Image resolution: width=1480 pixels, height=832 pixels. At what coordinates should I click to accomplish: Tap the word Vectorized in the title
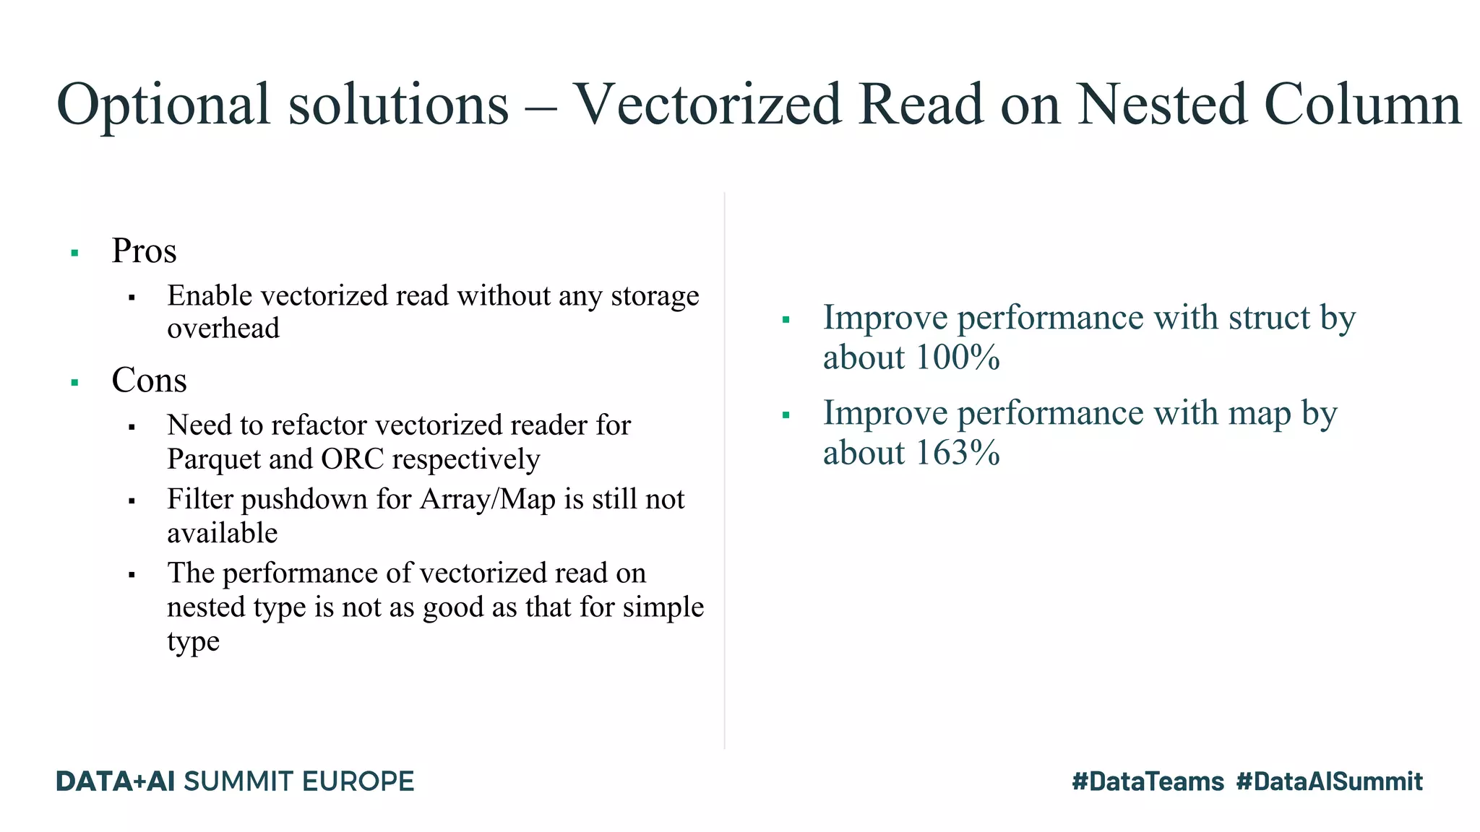coord(707,105)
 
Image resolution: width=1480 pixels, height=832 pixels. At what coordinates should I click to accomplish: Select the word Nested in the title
coord(1162,105)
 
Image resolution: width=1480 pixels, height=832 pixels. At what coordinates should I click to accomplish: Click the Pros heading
coord(144,251)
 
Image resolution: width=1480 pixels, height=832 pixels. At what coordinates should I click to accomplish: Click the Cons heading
coord(149,381)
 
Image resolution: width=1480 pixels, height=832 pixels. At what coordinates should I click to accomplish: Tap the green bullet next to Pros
coord(74,253)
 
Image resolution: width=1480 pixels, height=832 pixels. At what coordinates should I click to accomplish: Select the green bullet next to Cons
coord(74,383)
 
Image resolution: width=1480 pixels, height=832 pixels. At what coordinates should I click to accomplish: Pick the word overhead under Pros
coord(223,329)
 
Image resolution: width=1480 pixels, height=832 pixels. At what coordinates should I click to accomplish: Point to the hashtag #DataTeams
coord(1148,781)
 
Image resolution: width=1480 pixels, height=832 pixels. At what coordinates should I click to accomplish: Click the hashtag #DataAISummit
coord(1329,781)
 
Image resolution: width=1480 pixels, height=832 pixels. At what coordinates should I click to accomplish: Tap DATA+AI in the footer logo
coord(116,781)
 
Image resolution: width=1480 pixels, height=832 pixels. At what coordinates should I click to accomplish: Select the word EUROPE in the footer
coord(358,781)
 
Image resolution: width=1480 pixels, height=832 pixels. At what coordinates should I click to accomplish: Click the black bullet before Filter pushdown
coord(132,501)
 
